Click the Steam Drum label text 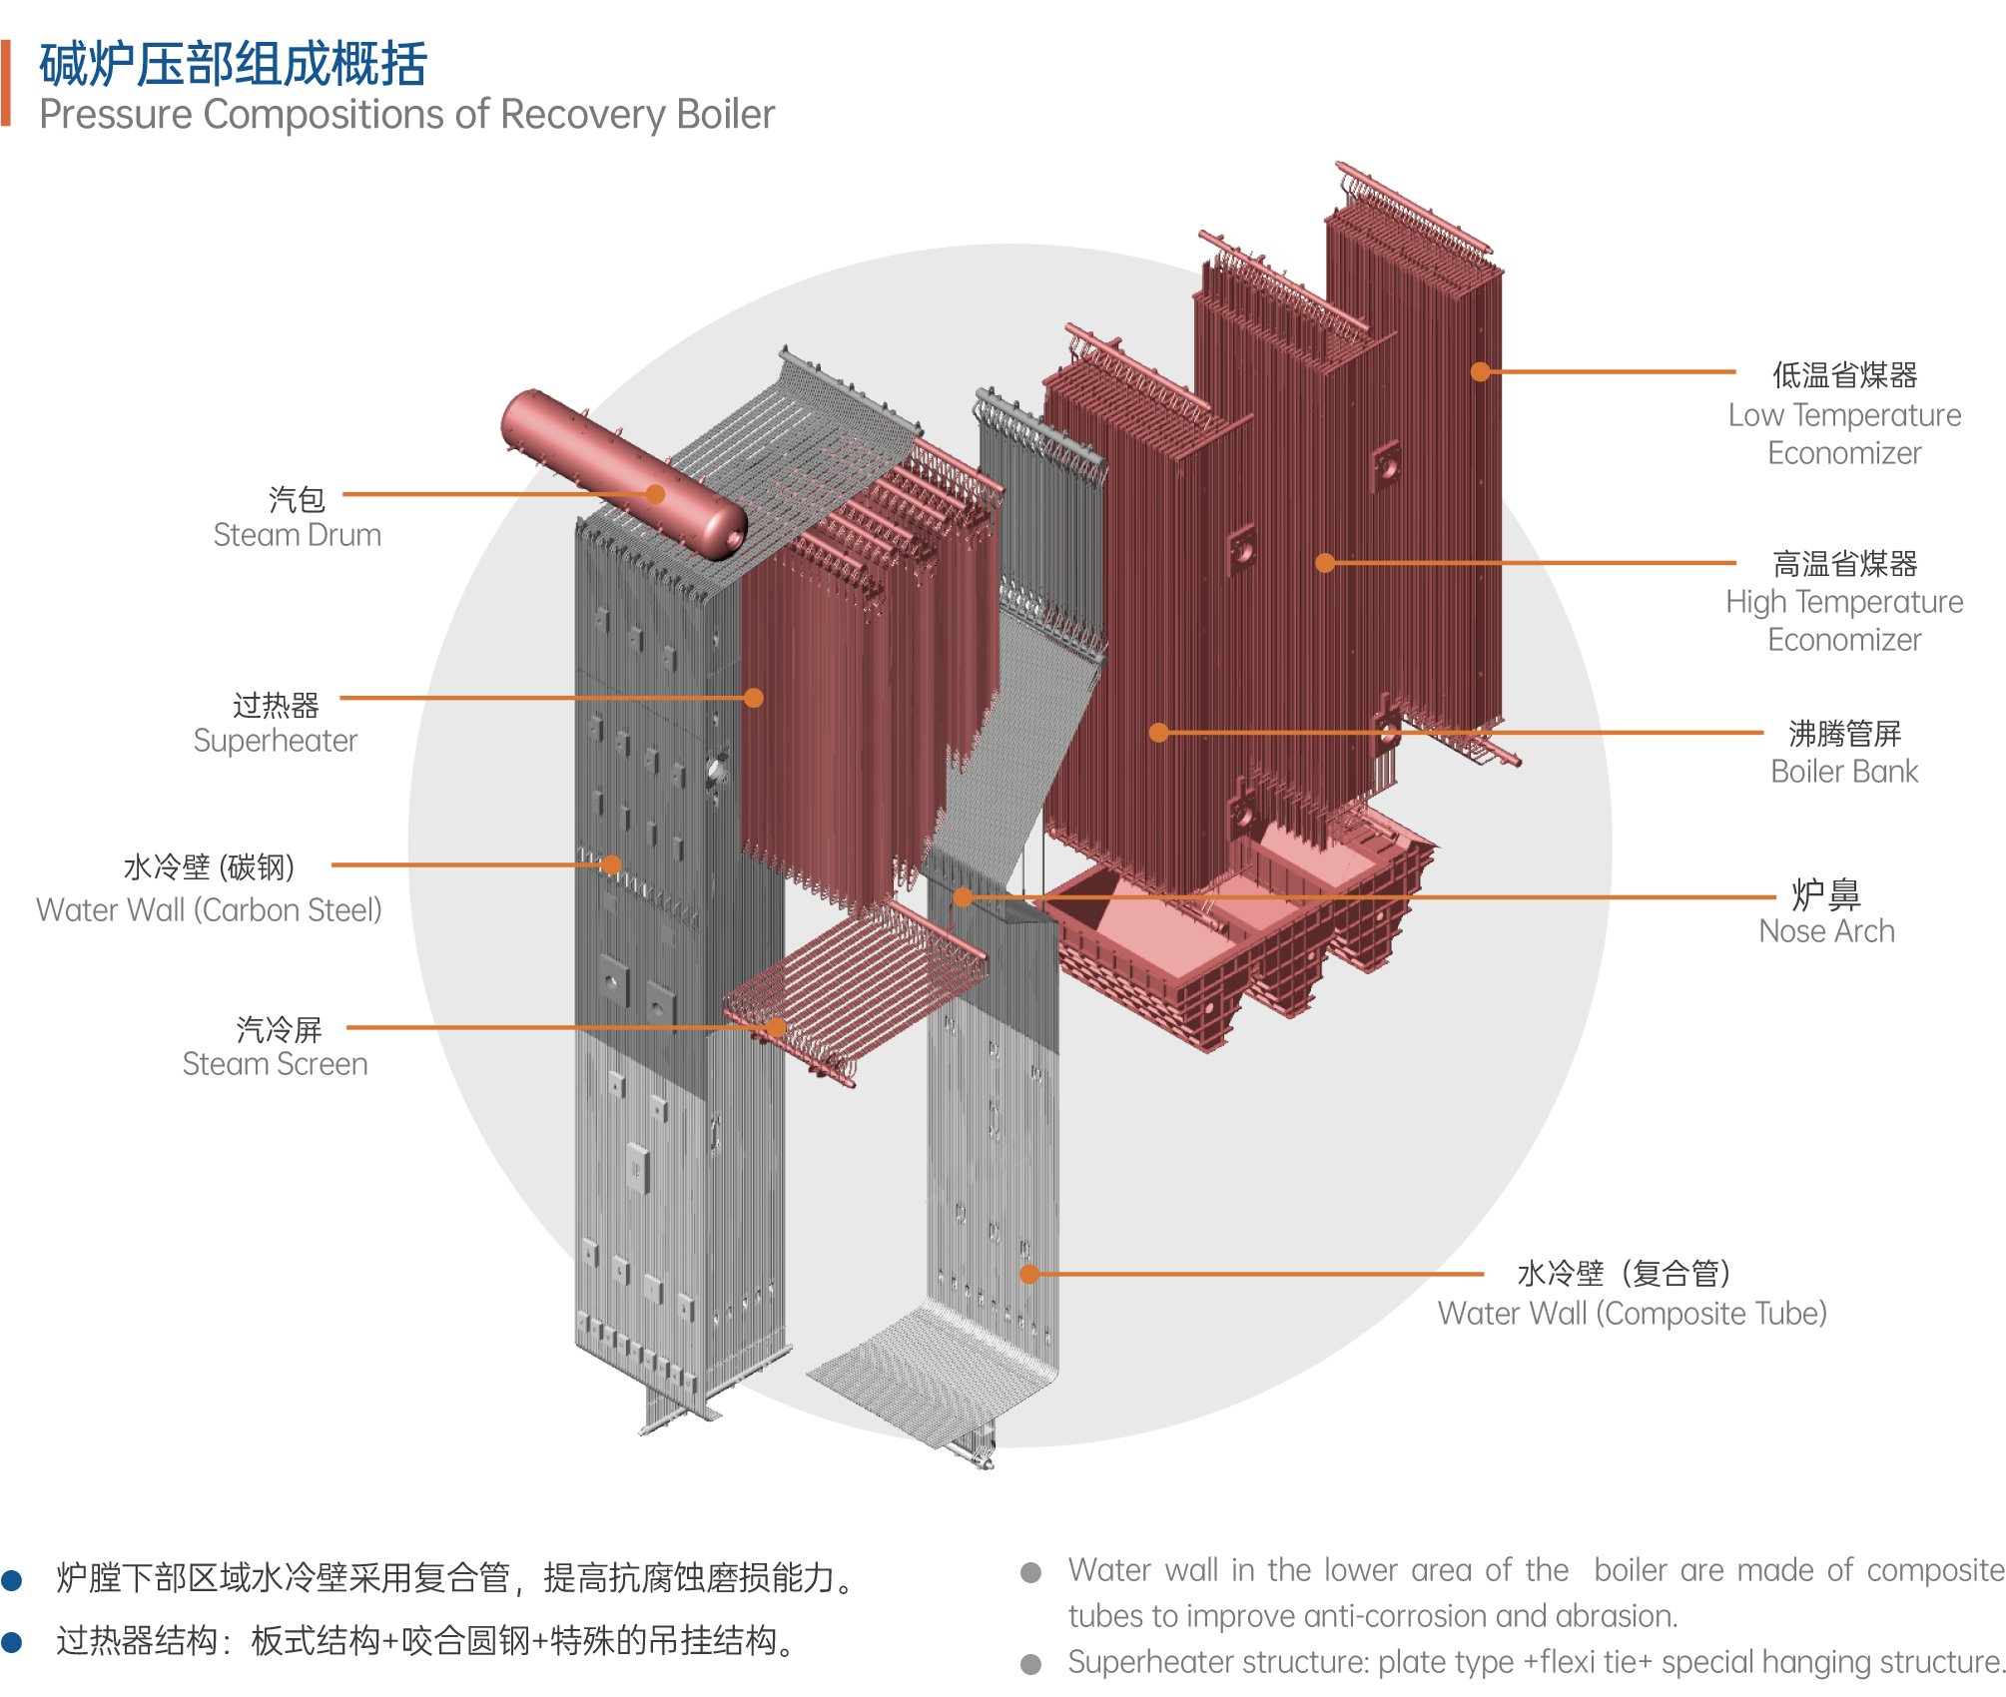coord(297,535)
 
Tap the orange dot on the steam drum coord(655,494)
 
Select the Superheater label coord(275,741)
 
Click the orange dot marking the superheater coord(754,698)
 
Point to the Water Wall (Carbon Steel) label coord(209,910)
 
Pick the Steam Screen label coord(275,1064)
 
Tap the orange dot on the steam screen coord(776,1027)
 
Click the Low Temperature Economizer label coord(1844,433)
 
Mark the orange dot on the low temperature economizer coord(1481,371)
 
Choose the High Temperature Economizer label coord(1844,620)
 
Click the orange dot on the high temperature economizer coord(1325,563)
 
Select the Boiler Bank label coord(1844,772)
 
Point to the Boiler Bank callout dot coord(1158,733)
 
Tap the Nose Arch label coord(1826,931)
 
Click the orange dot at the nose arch coord(963,897)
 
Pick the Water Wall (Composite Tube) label coord(1632,1314)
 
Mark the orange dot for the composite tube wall coord(1029,1274)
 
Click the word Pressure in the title coord(116,116)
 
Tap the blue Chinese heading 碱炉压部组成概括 coord(234,65)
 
